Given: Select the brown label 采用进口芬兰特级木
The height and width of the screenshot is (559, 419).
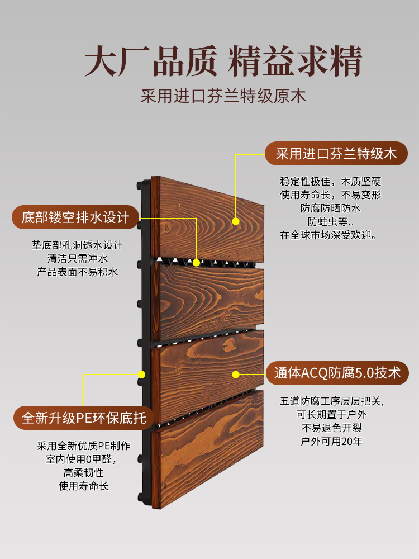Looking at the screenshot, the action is click(x=336, y=153).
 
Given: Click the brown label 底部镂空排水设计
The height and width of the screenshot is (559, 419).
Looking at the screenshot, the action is click(x=75, y=217).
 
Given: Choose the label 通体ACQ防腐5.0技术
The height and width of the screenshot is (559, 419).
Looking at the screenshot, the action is click(x=337, y=373).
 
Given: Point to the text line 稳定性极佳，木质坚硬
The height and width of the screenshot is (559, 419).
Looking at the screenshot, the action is click(x=330, y=182).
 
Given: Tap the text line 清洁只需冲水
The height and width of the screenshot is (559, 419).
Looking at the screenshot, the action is click(x=78, y=259).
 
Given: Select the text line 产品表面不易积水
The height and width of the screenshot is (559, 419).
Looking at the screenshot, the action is click(x=78, y=272).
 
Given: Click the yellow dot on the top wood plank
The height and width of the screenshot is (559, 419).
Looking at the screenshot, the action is click(x=236, y=221).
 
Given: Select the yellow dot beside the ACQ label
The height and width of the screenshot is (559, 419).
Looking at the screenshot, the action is click(x=236, y=373).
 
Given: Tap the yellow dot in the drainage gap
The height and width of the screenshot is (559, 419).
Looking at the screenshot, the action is click(x=197, y=262).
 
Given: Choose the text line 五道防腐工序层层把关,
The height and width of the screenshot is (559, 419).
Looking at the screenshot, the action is click(x=332, y=401).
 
